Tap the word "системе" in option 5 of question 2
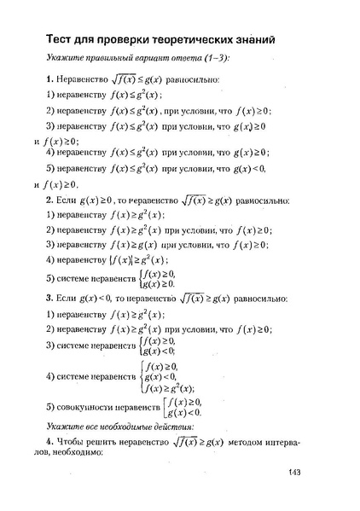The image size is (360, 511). pyautogui.click(x=76, y=279)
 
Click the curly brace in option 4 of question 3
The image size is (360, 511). pyautogui.click(x=141, y=375)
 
